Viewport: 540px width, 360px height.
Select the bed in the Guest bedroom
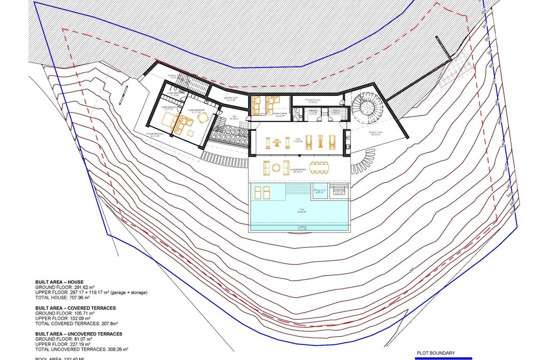tap(168, 120)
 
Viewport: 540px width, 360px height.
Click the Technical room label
tap(313, 100)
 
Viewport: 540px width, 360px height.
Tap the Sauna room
tap(335, 112)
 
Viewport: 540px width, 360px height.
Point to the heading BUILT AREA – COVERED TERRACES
tap(76, 308)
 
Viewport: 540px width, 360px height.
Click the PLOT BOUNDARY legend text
tap(436, 353)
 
